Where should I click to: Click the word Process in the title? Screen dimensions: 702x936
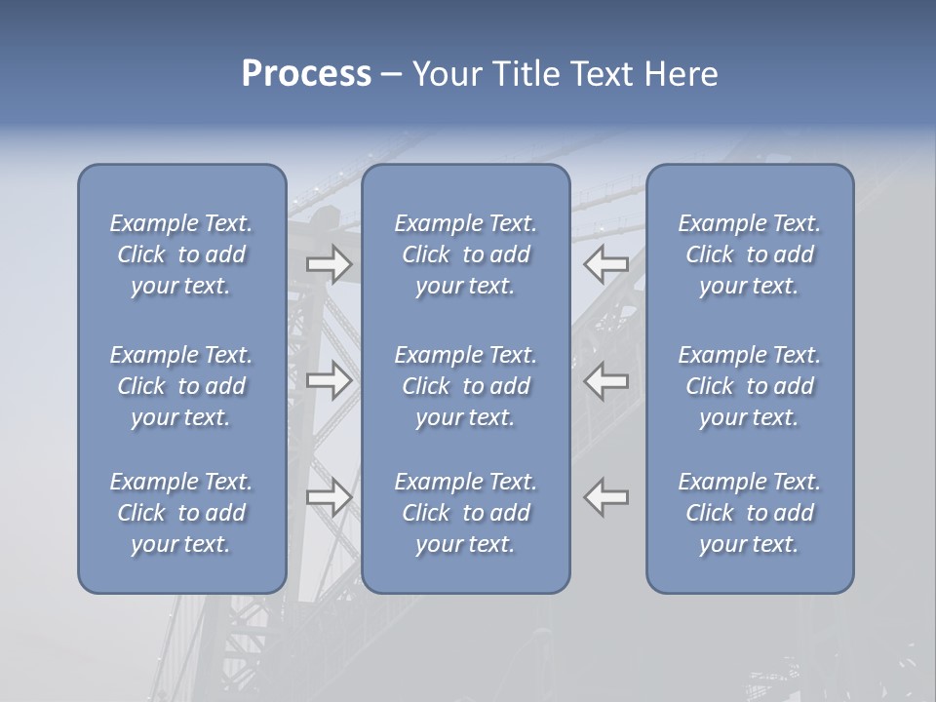(x=306, y=74)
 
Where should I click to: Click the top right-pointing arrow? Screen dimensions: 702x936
(x=329, y=263)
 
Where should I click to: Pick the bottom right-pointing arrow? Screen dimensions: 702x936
(x=329, y=497)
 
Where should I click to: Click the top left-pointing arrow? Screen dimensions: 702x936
(x=606, y=263)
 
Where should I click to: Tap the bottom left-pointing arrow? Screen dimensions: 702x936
(x=606, y=497)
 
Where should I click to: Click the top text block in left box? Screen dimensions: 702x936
(x=181, y=254)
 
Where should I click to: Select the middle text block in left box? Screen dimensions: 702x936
(x=181, y=386)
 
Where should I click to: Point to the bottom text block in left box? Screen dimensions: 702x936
(x=181, y=513)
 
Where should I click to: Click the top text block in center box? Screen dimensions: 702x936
(x=466, y=254)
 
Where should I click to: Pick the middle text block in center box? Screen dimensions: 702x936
(x=466, y=386)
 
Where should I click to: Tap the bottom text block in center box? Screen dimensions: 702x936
(x=466, y=513)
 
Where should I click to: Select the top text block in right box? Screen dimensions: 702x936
(x=750, y=254)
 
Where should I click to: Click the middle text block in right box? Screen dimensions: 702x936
(x=750, y=386)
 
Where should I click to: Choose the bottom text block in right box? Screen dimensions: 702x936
(x=750, y=513)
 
